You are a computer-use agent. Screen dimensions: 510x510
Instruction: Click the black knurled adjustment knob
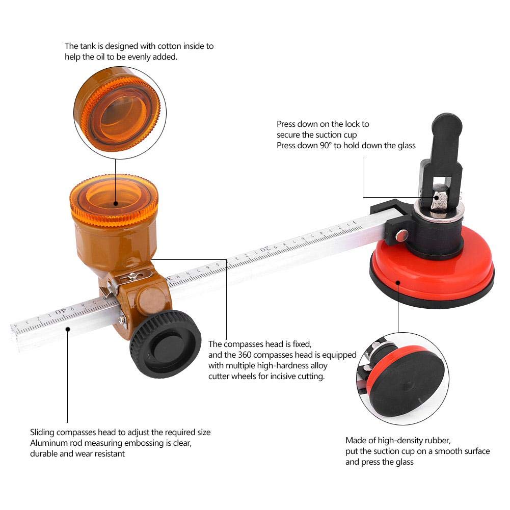[x=165, y=344]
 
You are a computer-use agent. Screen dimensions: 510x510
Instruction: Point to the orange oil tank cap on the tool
[x=114, y=198]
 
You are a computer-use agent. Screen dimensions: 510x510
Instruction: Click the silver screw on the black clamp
[x=402, y=235]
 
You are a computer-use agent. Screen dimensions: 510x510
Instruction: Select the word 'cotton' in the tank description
[x=169, y=46]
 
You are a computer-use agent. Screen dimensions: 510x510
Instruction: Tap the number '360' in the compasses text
[x=244, y=355]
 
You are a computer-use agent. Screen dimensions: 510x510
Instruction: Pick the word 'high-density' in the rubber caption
[x=397, y=441]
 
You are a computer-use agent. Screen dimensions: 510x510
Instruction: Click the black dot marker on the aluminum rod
[x=68, y=329]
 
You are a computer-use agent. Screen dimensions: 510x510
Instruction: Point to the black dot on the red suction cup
[x=398, y=282]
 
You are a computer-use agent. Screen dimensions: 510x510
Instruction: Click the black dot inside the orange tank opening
[x=116, y=204]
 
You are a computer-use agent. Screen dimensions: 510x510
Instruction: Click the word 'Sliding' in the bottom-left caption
[x=42, y=433]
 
